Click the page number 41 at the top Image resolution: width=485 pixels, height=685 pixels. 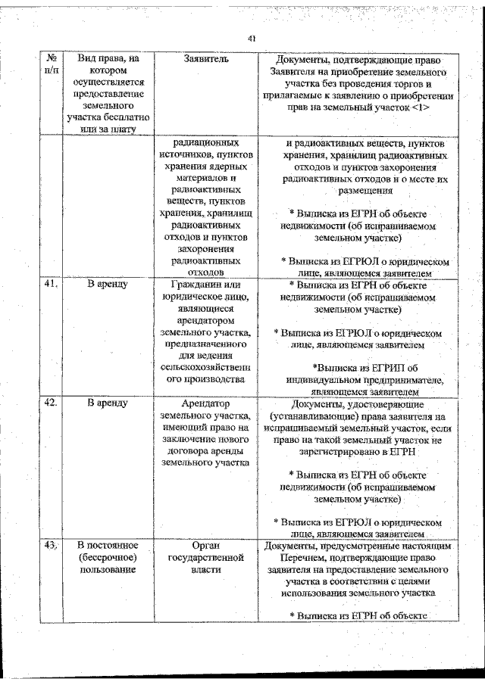coord(252,39)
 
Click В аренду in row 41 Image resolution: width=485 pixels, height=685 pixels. coord(107,285)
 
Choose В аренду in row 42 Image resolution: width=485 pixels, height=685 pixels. coord(107,403)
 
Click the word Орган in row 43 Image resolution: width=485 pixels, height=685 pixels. coord(206,545)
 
